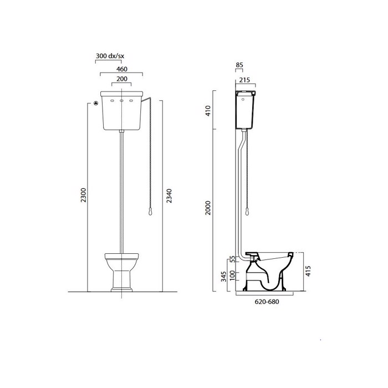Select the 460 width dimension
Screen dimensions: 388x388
point(122,69)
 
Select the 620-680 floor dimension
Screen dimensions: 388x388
point(266,303)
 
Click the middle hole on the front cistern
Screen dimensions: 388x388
point(122,100)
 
